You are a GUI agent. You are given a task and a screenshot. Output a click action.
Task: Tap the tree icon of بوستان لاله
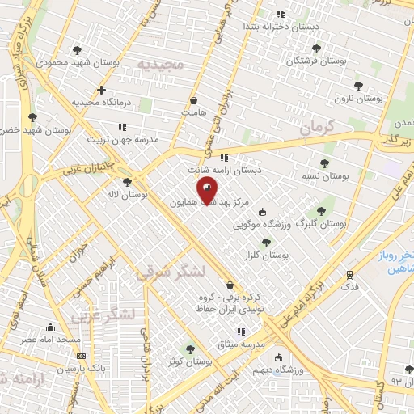coord(127,182)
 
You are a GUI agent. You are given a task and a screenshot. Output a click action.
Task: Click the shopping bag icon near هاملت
coord(193,101)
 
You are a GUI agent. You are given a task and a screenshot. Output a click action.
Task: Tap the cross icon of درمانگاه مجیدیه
coord(100,90)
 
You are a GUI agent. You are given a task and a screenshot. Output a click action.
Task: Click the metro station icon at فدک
coord(350,274)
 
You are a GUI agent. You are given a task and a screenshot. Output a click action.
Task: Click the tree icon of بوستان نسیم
coord(324,163)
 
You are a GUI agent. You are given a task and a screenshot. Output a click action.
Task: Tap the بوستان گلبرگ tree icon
coord(321,210)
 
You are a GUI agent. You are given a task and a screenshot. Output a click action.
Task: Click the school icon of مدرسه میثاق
coord(240,332)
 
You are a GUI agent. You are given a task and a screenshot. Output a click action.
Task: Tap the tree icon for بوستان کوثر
coord(189,349)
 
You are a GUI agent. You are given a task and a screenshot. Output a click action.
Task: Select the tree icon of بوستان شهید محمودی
coord(77,49)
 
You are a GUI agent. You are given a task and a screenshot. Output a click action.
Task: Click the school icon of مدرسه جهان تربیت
coord(122,127)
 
